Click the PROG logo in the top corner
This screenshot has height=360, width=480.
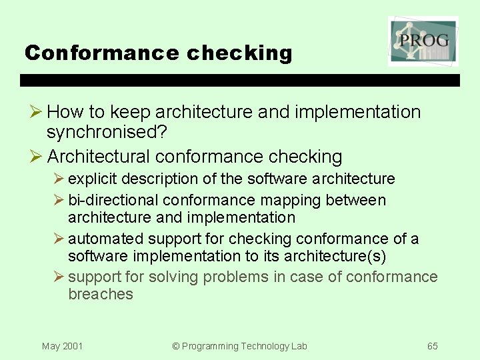tap(423, 41)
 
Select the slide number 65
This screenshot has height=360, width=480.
tap(433, 346)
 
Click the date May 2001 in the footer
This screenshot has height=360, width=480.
tap(62, 346)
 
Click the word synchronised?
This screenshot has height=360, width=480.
tap(107, 133)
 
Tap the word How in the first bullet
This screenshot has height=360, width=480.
tap(65, 112)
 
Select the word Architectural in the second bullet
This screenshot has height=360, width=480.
tap(101, 157)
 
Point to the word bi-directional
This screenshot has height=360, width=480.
tap(113, 200)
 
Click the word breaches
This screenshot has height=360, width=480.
tap(101, 294)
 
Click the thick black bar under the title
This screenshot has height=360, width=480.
tap(240, 80)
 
